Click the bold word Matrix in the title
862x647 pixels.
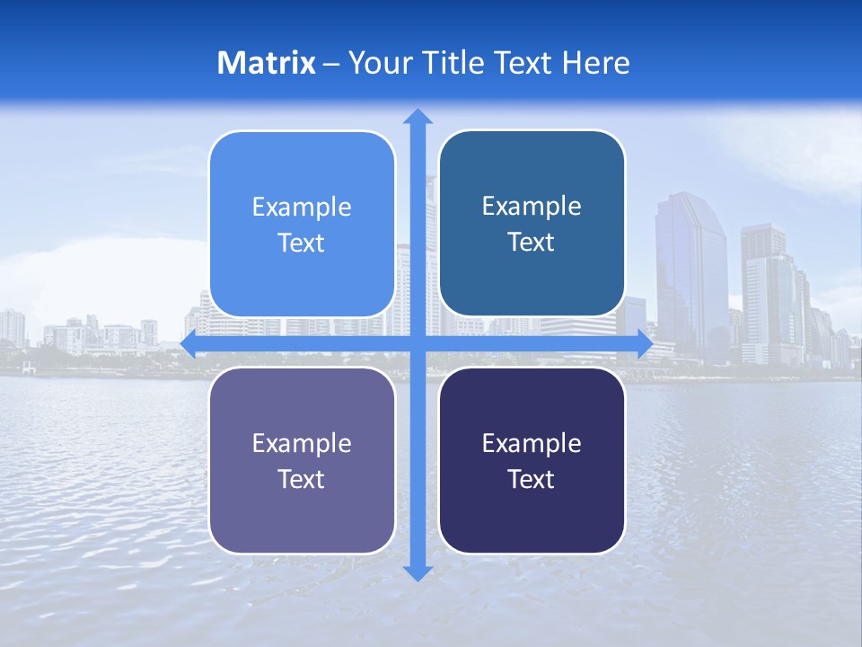tap(266, 63)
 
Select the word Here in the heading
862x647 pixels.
tap(595, 63)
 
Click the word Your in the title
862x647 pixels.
tap(377, 63)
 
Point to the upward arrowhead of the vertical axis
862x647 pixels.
tap(418, 117)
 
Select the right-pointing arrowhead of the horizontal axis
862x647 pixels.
tap(644, 343)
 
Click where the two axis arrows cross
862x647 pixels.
tap(418, 343)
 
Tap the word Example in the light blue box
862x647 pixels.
tap(302, 208)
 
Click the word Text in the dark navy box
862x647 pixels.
tap(532, 480)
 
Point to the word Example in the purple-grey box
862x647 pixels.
tap(302, 444)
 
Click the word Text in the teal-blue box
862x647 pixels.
tap(532, 243)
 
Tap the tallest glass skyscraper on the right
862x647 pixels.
tap(690, 270)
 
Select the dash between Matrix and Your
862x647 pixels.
tap(332, 64)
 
